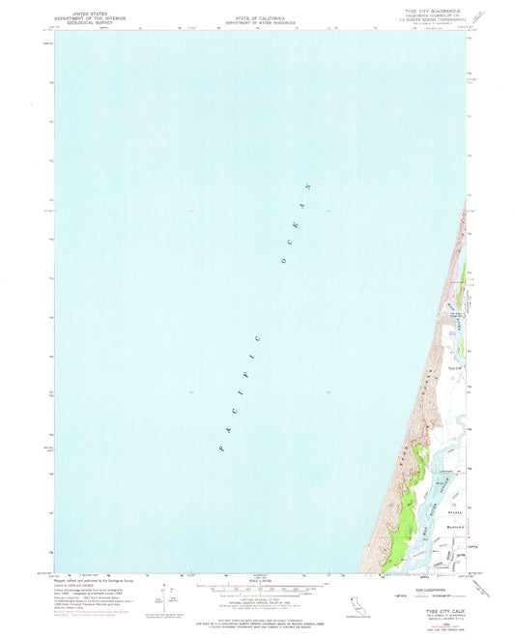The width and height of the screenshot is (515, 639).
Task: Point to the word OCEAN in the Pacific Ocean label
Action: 296,222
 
